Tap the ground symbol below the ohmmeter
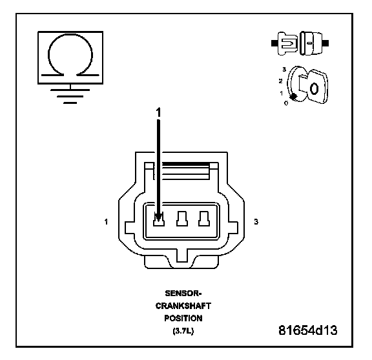pos(70,96)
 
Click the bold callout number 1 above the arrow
pos(158,112)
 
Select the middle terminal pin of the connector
pos(182,219)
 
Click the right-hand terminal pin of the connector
pos(204,219)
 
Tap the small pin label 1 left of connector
pos(106,222)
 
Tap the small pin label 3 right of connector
pos(256,222)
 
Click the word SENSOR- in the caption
pos(183,294)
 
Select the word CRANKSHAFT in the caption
pos(183,306)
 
